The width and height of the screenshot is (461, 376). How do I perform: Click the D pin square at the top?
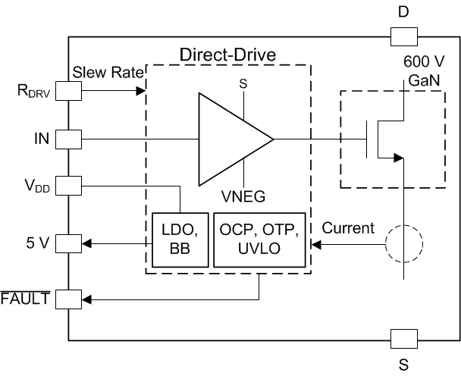tap(403, 36)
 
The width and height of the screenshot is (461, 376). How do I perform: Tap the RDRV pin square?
tap(69, 91)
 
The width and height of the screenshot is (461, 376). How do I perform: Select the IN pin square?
tap(69, 139)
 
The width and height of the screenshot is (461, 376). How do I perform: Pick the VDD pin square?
tap(69, 184)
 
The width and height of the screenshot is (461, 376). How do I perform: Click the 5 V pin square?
tap(69, 244)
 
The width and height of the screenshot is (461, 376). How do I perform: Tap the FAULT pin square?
tap(69, 299)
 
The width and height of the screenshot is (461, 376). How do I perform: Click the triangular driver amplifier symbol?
tap(231, 139)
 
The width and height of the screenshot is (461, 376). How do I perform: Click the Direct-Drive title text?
tap(227, 55)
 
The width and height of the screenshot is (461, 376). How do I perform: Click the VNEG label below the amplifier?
tap(243, 196)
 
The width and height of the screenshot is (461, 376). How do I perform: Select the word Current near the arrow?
tap(348, 227)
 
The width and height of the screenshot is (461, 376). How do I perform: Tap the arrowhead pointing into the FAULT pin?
tap(87, 299)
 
